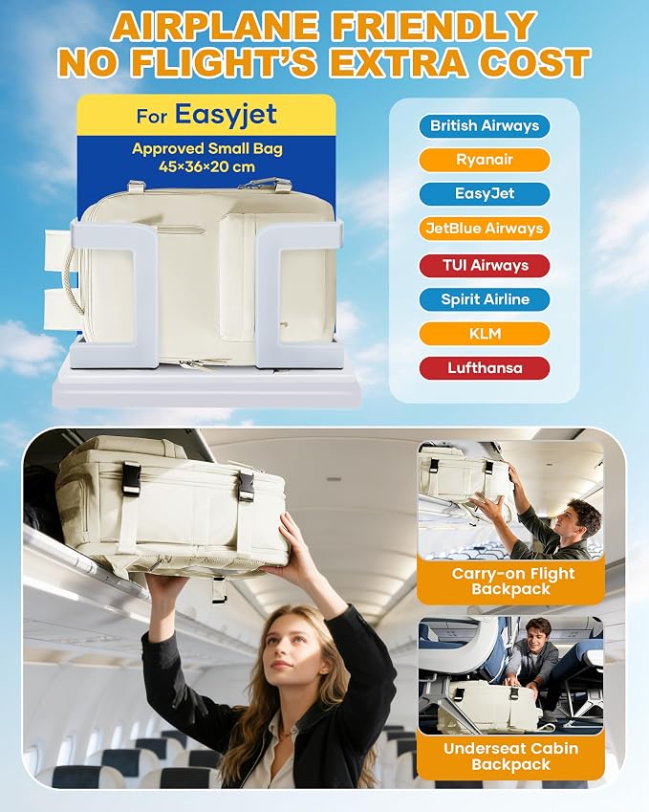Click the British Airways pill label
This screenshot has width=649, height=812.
pyautogui.click(x=485, y=126)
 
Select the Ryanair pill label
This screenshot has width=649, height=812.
pyautogui.click(x=485, y=160)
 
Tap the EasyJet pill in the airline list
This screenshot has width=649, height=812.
pyautogui.click(x=485, y=194)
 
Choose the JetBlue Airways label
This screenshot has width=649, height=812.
pyautogui.click(x=485, y=229)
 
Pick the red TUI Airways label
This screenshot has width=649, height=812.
pyautogui.click(x=485, y=265)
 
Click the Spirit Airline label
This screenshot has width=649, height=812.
pyautogui.click(x=485, y=299)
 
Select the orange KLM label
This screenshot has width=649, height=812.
pyautogui.click(x=485, y=334)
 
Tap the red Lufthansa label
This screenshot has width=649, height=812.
pyautogui.click(x=485, y=368)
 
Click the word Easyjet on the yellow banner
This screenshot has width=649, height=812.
pyautogui.click(x=226, y=115)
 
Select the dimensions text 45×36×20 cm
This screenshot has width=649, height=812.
pyautogui.click(x=207, y=167)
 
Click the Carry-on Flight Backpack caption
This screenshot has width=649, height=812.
pyautogui.click(x=511, y=582)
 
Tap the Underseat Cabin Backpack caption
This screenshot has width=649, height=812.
pyautogui.click(x=510, y=757)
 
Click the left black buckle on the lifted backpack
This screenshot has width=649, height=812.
pyautogui.click(x=131, y=479)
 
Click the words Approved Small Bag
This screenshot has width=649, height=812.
pyautogui.click(x=207, y=149)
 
